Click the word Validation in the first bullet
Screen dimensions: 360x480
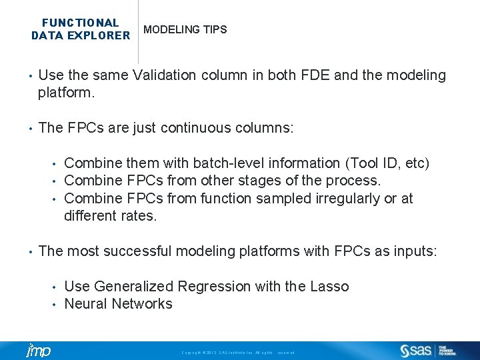(x=164, y=75)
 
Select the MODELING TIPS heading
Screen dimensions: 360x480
(x=185, y=30)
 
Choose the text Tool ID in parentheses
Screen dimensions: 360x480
(x=377, y=163)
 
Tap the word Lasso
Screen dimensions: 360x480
(x=329, y=287)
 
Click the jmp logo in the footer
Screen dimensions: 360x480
(x=38, y=351)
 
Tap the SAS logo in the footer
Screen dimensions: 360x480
(x=416, y=350)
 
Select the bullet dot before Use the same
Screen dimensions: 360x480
(x=29, y=76)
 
